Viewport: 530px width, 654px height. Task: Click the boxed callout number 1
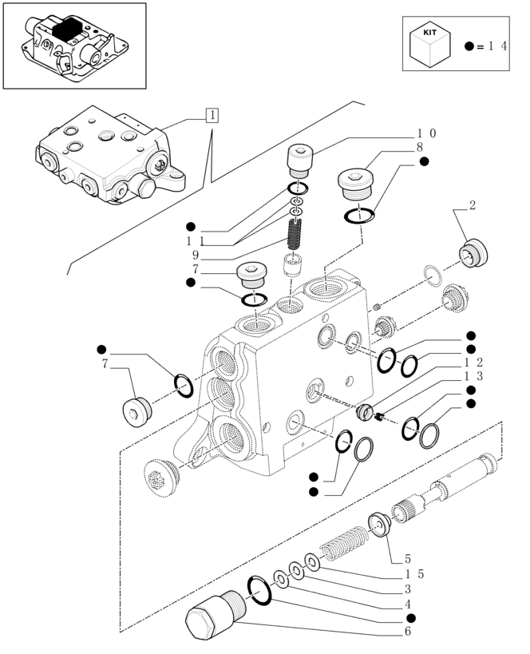211,115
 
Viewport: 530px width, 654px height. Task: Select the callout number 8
419,148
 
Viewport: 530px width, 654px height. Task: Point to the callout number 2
473,205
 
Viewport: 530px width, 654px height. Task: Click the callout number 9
196,256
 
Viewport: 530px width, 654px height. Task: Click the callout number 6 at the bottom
409,632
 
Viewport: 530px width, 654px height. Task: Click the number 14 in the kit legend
496,46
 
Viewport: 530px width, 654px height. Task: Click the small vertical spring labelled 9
295,234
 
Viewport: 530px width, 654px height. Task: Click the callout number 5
408,559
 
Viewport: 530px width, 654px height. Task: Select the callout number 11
196,240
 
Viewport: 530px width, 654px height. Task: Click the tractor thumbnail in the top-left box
74,45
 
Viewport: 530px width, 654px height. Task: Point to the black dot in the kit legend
469,47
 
